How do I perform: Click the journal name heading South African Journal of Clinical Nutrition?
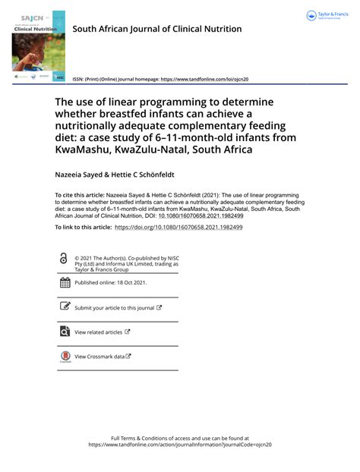(x=156, y=29)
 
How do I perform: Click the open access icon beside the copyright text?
(x=63, y=258)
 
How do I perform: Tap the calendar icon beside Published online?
(x=65, y=282)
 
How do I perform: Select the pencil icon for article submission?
(x=65, y=307)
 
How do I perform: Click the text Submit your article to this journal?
(x=114, y=307)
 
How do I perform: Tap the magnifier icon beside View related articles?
(x=65, y=332)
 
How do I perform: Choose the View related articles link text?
(x=98, y=332)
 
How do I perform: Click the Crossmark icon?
(x=65, y=357)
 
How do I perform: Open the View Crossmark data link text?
(x=99, y=357)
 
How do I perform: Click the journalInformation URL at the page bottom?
(x=180, y=445)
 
